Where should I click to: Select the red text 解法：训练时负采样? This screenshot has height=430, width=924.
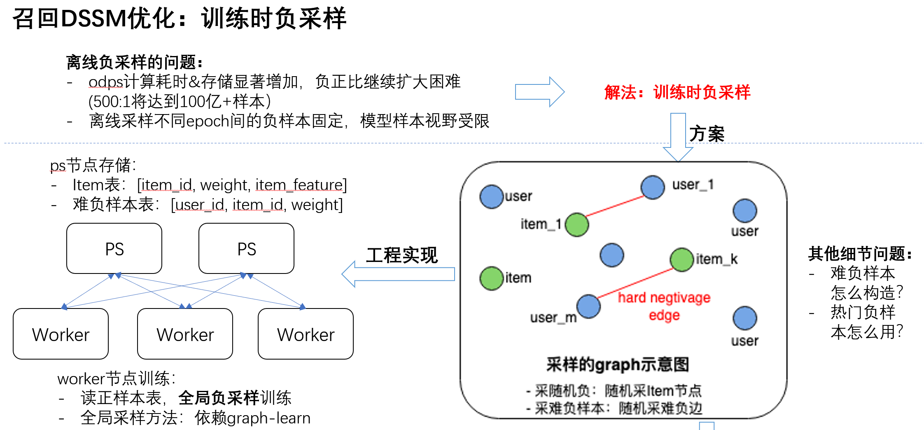tap(677, 92)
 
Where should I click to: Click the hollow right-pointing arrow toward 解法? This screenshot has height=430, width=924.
tap(539, 91)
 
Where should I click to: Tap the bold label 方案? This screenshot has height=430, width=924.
tap(707, 134)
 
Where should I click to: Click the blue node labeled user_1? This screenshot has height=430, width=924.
tap(653, 187)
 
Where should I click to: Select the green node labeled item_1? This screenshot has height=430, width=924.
tap(576, 224)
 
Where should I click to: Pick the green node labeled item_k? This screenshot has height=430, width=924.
tap(682, 259)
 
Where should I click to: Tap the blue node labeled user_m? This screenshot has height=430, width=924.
tap(588, 306)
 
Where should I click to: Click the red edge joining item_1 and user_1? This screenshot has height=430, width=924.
tap(614, 206)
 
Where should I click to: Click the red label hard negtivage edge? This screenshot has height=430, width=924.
tap(664, 306)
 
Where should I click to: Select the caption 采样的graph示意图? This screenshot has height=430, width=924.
tap(617, 365)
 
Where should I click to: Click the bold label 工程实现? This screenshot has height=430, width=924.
tap(402, 255)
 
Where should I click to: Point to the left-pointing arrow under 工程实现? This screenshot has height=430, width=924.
tap(398, 274)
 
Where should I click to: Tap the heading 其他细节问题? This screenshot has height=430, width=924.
tap(860, 254)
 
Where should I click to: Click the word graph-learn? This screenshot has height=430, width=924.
tap(269, 418)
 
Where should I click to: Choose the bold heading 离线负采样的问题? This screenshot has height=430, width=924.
tap(134, 63)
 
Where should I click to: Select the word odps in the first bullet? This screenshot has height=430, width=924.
tap(106, 82)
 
